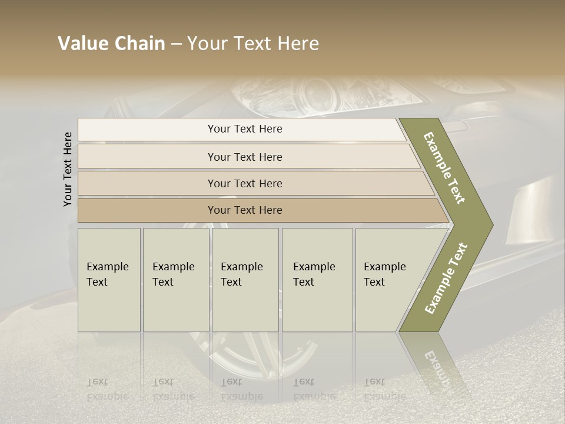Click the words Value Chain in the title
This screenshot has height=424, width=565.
tap(111, 44)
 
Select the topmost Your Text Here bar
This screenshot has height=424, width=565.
tap(244, 129)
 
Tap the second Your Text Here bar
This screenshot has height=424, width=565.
tap(244, 157)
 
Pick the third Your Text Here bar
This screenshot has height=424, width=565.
tap(244, 183)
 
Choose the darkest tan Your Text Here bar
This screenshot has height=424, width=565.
tap(244, 210)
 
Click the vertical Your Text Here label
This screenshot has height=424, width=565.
tap(68, 170)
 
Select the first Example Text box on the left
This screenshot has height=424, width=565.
tap(109, 280)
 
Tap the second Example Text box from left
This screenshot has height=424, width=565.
tap(175, 280)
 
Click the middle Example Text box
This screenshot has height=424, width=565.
tap(245, 280)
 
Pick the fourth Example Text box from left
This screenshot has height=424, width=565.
tap(317, 280)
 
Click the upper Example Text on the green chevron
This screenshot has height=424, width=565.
tap(445, 168)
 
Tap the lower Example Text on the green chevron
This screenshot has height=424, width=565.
tap(446, 278)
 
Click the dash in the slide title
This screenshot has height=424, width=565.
tap(176, 44)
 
